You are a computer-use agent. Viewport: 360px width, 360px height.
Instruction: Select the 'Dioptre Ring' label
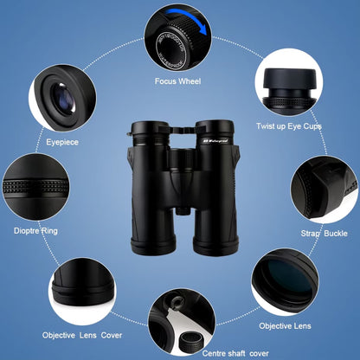point(35,231)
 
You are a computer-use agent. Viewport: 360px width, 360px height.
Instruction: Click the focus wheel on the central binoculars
point(179,127)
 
